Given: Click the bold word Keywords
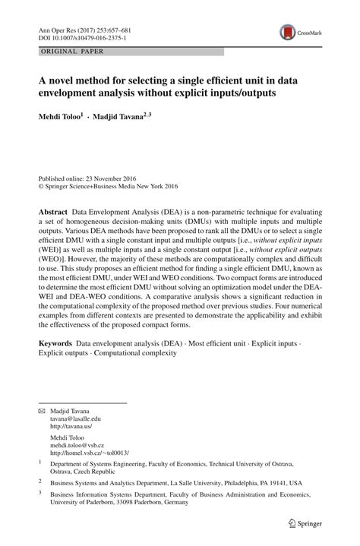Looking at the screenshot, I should [56, 344].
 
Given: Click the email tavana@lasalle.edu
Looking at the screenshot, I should [77, 418].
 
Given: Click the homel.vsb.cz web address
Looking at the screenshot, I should [89, 456].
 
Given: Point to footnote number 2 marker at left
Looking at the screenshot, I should [40, 481].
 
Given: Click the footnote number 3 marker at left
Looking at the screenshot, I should [40, 493].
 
